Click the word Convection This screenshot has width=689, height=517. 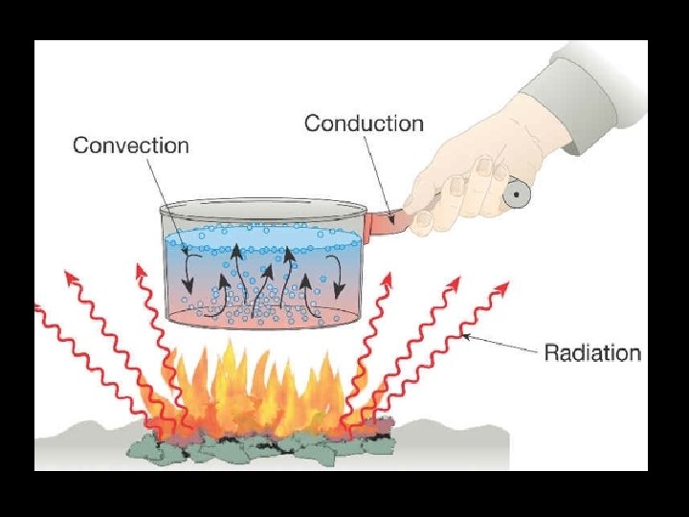[x=131, y=146]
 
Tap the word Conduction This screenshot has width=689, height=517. [x=364, y=124]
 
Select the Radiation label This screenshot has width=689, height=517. [x=592, y=352]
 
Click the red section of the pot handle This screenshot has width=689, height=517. [x=389, y=221]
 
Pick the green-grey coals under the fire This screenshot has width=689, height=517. [x=258, y=442]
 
